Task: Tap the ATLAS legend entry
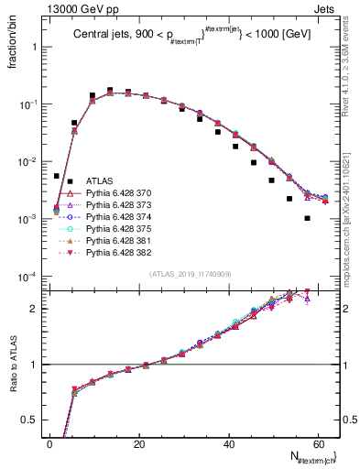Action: point(99,180)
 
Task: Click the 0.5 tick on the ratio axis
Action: point(27,420)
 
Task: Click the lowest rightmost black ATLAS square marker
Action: point(307,218)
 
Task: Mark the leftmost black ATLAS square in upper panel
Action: point(57,176)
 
